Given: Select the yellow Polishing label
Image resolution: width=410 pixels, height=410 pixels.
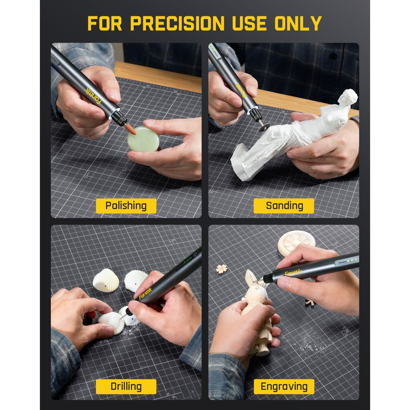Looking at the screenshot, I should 126,206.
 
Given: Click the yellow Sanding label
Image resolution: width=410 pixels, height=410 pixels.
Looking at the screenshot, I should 284,206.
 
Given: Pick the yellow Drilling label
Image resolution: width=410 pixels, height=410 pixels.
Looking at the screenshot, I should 126,386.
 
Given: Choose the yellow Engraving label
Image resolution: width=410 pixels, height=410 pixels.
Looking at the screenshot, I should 284,386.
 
